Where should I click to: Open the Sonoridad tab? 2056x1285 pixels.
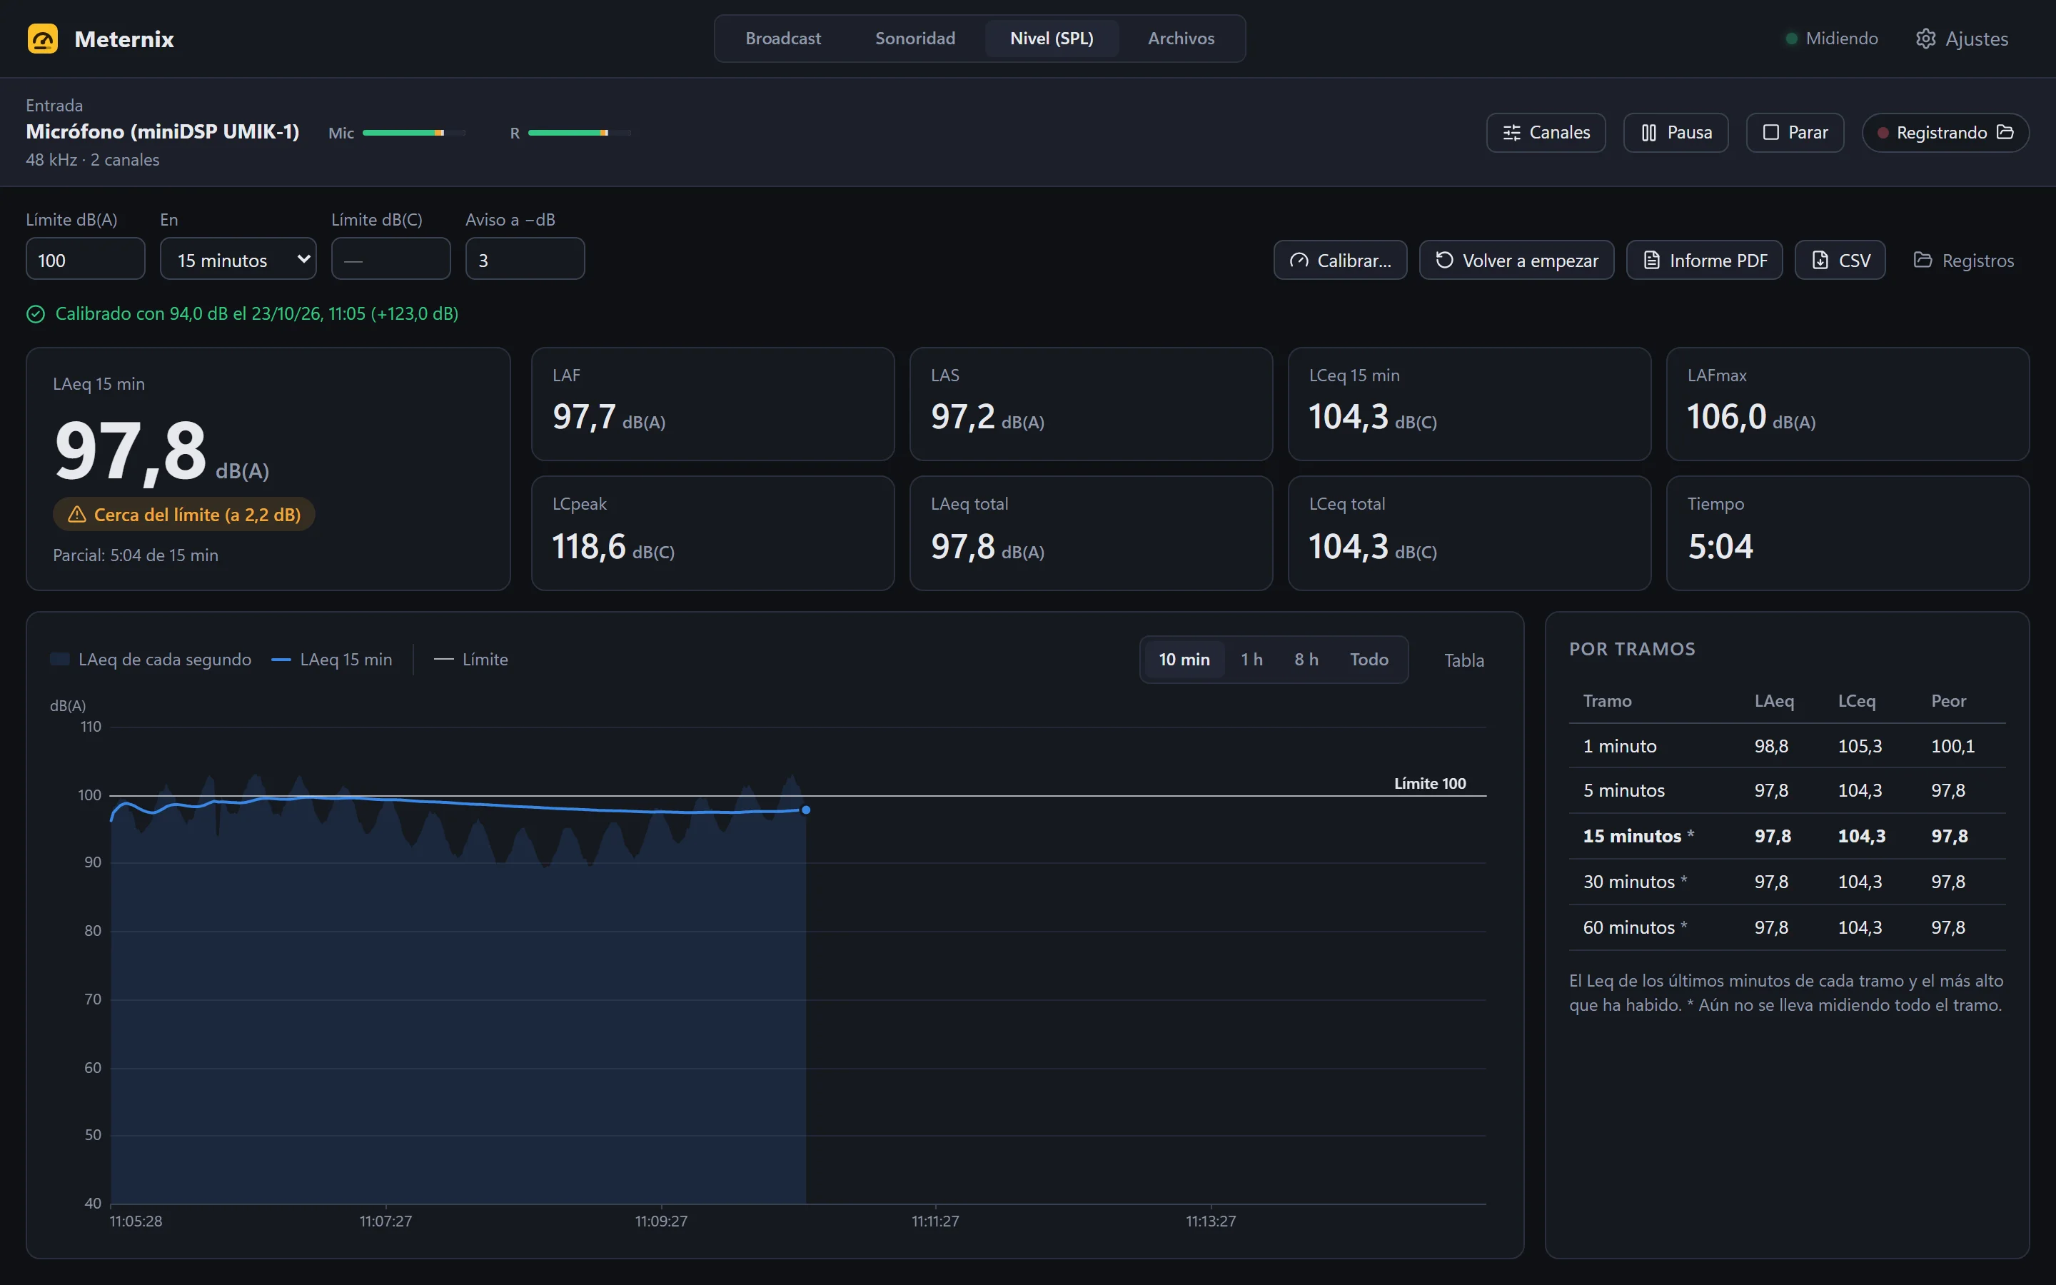click(x=915, y=39)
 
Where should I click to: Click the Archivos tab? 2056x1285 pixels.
click(x=1181, y=39)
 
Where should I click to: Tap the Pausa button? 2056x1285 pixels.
click(x=1675, y=133)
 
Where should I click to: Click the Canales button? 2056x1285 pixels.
click(x=1546, y=133)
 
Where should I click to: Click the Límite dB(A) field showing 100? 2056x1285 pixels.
click(x=85, y=259)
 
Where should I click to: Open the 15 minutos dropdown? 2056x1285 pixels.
click(x=238, y=259)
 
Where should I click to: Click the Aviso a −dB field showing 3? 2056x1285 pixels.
click(x=525, y=259)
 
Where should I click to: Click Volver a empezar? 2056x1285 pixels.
click(x=1516, y=260)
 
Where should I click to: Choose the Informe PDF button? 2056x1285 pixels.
click(x=1704, y=260)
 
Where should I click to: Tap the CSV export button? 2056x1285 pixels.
click(x=1840, y=260)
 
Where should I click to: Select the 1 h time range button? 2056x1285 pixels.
click(x=1251, y=660)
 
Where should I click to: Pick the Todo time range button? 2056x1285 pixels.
click(x=1369, y=660)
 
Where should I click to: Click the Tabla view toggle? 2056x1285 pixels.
click(x=1464, y=660)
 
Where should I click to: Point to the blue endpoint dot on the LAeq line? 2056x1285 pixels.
click(x=806, y=810)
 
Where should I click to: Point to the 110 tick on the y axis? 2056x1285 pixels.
click(x=91, y=727)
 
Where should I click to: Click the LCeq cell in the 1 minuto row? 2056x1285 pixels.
click(x=1860, y=746)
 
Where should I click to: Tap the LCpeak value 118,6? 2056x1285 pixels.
click(x=589, y=546)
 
